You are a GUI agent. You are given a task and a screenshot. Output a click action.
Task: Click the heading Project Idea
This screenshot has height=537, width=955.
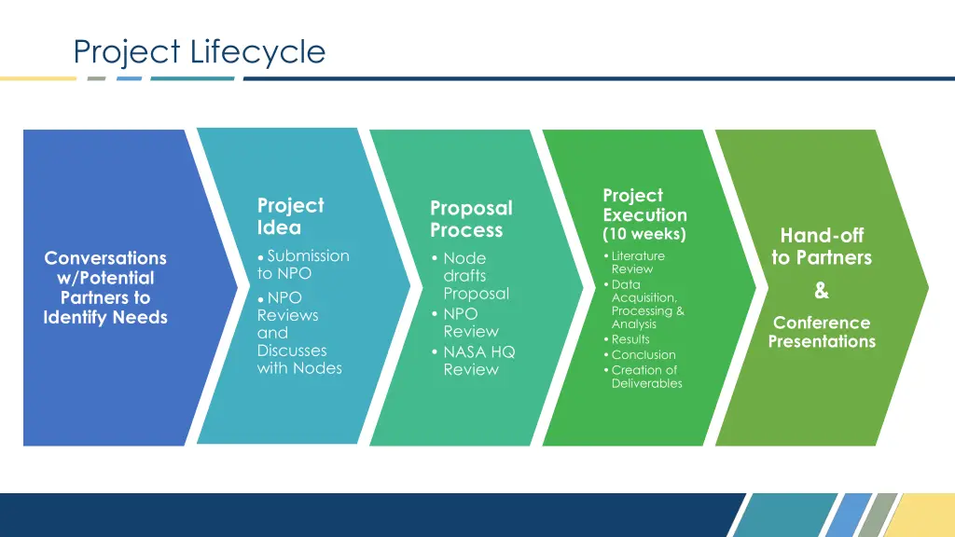pos(290,216)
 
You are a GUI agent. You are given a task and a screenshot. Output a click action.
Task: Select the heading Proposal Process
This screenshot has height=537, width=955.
pos(470,219)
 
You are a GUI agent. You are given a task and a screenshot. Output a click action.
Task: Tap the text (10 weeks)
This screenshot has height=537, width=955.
pos(644,234)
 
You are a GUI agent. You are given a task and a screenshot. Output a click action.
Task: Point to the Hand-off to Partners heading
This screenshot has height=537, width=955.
pos(821,246)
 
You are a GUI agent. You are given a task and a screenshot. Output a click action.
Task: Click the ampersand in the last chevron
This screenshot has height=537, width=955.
pos(821,291)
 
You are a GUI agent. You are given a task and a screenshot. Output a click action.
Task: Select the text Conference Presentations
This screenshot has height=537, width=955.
pos(821,332)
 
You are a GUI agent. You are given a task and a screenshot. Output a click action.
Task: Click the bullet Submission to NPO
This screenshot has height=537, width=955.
pos(303,264)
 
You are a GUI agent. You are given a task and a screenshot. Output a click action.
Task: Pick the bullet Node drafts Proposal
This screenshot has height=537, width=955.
pos(476,275)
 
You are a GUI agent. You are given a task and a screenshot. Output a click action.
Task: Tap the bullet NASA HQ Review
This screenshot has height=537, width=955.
pos(478,360)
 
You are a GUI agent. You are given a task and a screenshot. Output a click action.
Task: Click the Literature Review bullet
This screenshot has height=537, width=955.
pos(637,262)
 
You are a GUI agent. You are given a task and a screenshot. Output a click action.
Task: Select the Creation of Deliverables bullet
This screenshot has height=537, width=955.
pos(645,377)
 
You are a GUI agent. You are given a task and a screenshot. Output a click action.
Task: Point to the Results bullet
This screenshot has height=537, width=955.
pos(630,339)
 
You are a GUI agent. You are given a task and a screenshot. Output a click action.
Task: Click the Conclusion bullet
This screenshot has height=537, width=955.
pos(643,354)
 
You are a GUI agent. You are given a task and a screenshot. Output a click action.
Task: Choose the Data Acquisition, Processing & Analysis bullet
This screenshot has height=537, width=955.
pos(646,304)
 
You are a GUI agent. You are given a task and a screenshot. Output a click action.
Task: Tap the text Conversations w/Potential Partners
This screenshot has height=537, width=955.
pos(105,278)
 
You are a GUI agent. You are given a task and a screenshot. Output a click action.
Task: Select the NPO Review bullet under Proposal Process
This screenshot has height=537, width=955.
pos(470,323)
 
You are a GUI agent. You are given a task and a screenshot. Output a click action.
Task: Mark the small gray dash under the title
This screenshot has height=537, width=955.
pos(96,78)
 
